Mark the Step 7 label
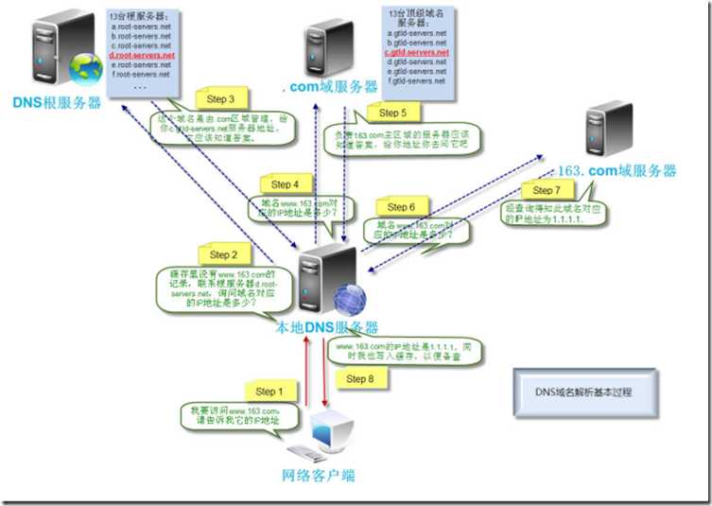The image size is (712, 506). (x=547, y=191)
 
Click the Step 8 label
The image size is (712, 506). (x=355, y=379)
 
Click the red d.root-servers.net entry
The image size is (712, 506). (x=142, y=56)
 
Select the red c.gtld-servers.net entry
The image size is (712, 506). (x=416, y=53)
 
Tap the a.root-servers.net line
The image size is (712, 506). (x=141, y=27)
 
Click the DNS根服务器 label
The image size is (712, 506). (x=57, y=101)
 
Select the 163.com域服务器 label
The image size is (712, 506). (x=618, y=171)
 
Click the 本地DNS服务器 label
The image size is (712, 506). (x=326, y=327)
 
